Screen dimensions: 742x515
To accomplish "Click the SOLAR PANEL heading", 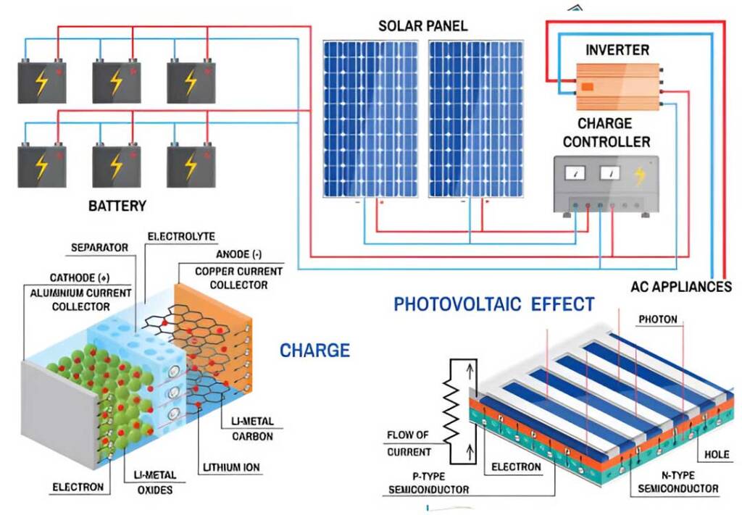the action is [x=422, y=25].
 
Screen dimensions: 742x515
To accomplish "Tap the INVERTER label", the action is [x=617, y=50].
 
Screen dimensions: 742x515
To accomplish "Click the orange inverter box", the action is [x=617, y=87].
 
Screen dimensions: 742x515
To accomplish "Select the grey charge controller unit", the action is [x=606, y=185].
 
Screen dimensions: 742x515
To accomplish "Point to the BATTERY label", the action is [x=117, y=206].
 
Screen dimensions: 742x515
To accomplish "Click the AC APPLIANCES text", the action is [x=681, y=287].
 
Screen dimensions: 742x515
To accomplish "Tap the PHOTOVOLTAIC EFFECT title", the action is [x=494, y=303].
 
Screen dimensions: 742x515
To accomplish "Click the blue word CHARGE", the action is [x=314, y=351].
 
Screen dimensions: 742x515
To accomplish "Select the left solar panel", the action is [x=370, y=119].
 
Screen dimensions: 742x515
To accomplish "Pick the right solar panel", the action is [x=476, y=119].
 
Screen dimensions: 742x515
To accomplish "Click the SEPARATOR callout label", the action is [x=99, y=247].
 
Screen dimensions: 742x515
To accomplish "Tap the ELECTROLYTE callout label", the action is [x=181, y=236].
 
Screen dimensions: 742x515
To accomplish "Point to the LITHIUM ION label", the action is [x=231, y=468].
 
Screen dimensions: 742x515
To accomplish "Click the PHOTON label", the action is [x=658, y=319].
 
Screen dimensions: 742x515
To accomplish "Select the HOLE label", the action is [x=717, y=454].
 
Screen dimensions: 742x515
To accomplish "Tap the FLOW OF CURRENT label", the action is [x=407, y=443].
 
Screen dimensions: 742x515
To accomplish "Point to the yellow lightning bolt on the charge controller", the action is [x=639, y=176].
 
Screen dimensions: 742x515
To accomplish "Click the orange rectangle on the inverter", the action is [x=587, y=86].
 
